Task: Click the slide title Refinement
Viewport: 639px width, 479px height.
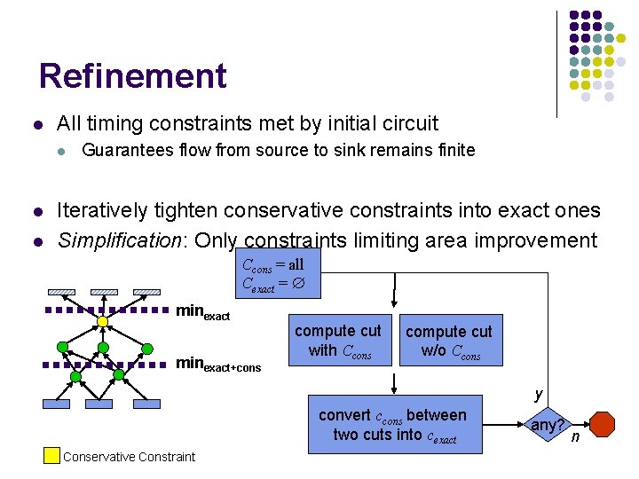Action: point(133,76)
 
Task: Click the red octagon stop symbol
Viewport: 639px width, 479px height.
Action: point(603,424)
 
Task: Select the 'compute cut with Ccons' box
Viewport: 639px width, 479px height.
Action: point(337,340)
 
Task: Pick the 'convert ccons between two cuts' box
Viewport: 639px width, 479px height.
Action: point(392,425)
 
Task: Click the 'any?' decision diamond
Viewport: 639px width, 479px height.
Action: point(547,425)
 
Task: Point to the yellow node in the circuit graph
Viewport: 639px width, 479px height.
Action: point(103,320)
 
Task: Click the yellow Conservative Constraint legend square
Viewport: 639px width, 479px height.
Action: point(51,457)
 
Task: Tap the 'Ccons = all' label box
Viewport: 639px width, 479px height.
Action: point(273,274)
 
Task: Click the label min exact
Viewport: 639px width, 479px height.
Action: point(203,312)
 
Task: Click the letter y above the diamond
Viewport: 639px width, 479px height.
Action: point(538,395)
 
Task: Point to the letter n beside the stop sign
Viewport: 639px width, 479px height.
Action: point(575,436)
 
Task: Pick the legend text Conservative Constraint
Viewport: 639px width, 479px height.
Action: point(130,457)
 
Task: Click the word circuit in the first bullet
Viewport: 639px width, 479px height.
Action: point(407,123)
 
